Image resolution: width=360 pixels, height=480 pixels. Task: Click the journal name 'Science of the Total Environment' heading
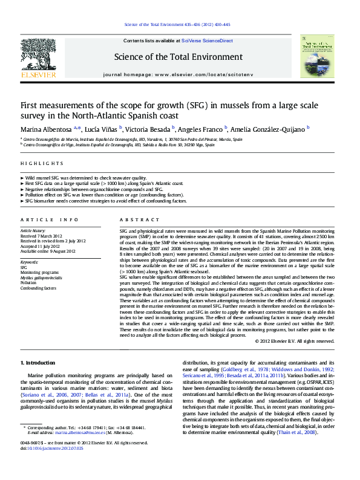click(x=178, y=59)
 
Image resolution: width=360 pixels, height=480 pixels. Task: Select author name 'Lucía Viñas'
click(x=101, y=129)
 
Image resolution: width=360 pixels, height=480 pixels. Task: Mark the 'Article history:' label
click(x=33, y=231)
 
